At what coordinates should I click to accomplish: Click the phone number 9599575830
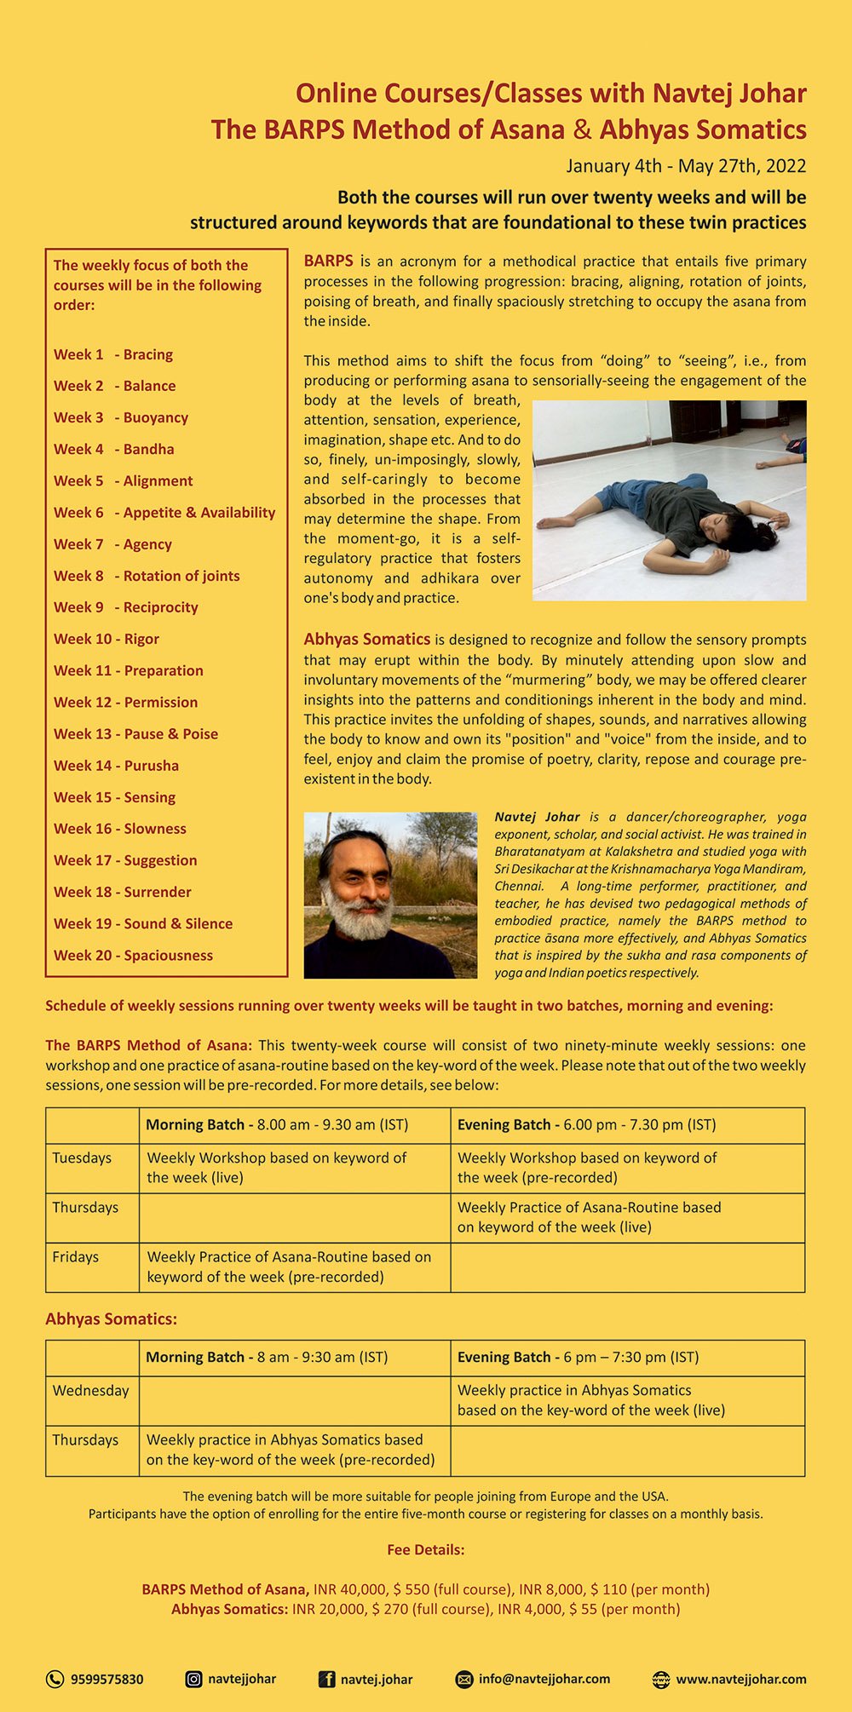[x=106, y=1680]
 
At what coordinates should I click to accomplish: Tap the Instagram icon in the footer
[x=194, y=1680]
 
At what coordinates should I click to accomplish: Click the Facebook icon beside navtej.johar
[x=326, y=1680]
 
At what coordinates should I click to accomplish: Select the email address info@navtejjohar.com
[x=544, y=1679]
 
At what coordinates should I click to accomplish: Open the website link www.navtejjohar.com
[x=740, y=1680]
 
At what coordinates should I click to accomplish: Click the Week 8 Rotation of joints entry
[x=147, y=576]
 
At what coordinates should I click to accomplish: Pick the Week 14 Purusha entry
[x=116, y=765]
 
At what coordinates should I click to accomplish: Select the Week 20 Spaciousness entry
[x=133, y=955]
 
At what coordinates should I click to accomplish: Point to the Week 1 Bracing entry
[x=113, y=354]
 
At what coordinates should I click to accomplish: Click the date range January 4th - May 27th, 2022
[x=686, y=165]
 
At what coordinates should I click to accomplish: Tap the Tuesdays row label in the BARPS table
[x=82, y=1158]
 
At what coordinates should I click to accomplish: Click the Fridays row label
[x=75, y=1256]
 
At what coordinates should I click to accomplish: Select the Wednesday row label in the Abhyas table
[x=90, y=1390]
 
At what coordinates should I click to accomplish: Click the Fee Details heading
[x=425, y=1549]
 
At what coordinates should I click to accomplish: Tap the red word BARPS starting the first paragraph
[x=328, y=261]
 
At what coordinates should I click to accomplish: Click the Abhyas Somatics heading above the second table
[x=111, y=1318]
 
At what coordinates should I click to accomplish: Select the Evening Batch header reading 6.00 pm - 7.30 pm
[x=586, y=1124]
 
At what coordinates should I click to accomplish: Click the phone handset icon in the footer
[x=55, y=1680]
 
